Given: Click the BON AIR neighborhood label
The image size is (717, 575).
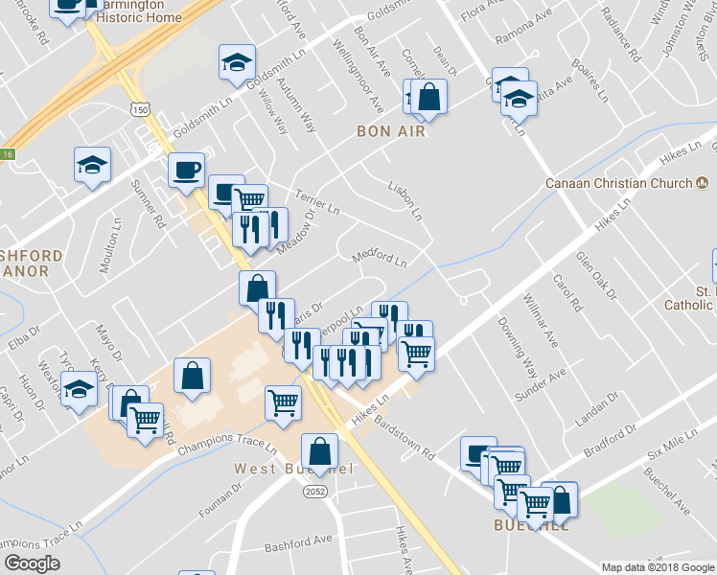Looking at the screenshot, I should (x=390, y=130).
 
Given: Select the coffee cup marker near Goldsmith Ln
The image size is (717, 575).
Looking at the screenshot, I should (x=187, y=171).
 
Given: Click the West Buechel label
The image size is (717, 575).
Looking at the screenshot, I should (x=294, y=469).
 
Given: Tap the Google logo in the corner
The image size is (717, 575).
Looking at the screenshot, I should (x=32, y=563).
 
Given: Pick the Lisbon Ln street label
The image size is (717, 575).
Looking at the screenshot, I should (x=405, y=198).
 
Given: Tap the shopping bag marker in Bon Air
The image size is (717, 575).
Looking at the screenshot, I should (x=430, y=97).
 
